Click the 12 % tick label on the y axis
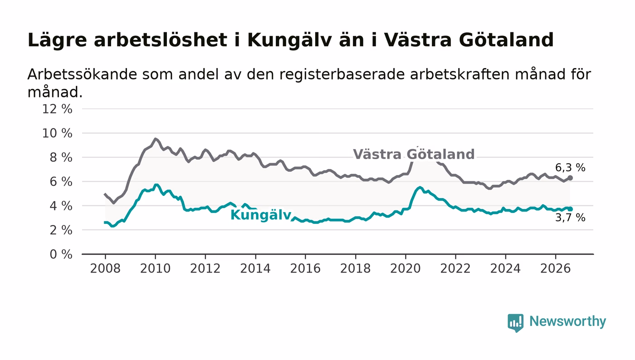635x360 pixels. tap(57, 109)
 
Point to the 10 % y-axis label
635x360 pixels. tap(57, 133)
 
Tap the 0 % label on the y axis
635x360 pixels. tap(61, 254)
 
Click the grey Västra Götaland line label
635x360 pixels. tap(414, 154)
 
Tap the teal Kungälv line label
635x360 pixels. tap(261, 215)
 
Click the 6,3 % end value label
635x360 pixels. tap(570, 168)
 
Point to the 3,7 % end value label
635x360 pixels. tap(570, 218)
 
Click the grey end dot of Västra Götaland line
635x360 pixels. tap(570, 178)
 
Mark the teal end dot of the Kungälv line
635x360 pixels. tap(570, 209)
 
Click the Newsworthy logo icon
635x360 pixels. tap(515, 322)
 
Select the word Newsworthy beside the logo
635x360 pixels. tap(567, 321)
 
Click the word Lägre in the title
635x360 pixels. tap(57, 40)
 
